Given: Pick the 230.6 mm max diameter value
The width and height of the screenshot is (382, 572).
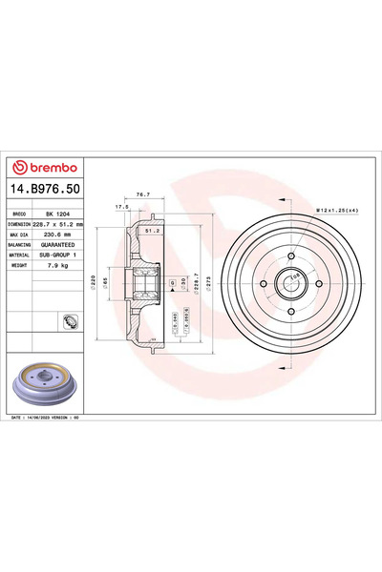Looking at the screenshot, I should (61, 234).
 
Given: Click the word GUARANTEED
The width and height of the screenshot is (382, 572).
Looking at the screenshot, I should (61, 243).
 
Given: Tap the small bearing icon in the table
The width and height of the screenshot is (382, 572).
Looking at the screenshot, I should (70, 320).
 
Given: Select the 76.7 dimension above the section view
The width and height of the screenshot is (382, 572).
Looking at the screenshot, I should (142, 194).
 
